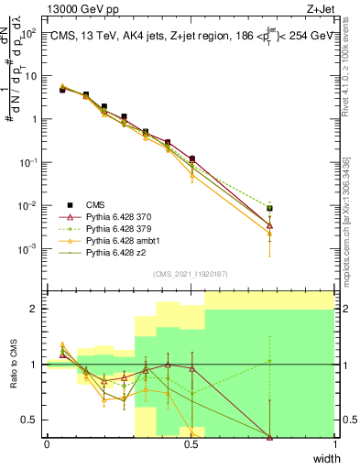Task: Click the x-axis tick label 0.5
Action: [x=191, y=444]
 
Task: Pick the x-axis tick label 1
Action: [x=334, y=444]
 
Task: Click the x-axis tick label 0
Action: [x=47, y=444]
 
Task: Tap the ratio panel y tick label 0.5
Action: [x=31, y=420]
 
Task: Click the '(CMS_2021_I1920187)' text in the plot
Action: [x=191, y=274]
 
